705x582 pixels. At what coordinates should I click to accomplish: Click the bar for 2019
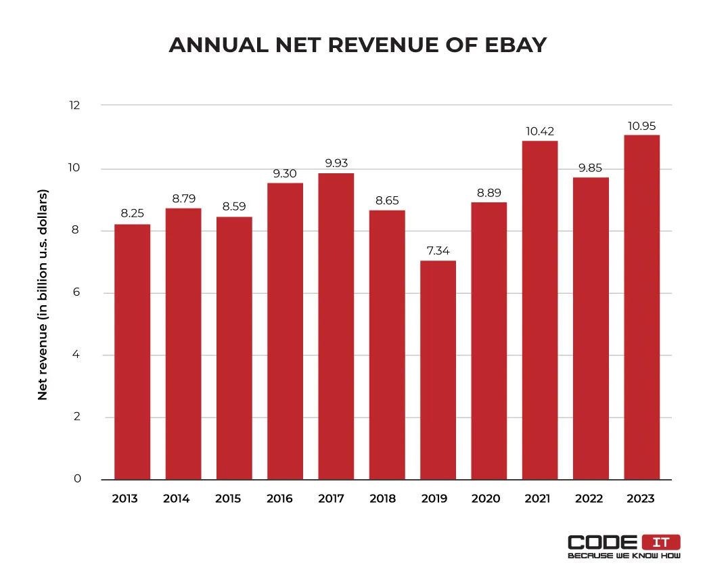point(438,370)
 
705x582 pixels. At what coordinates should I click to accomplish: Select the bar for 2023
point(641,307)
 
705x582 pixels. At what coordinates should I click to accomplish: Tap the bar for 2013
point(133,352)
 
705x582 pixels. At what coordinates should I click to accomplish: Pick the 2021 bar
point(540,310)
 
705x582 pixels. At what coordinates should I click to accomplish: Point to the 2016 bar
point(285,331)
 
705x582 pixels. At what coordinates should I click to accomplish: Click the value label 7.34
point(438,251)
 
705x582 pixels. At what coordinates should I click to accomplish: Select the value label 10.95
point(641,126)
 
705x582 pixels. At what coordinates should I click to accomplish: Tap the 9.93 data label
point(336,163)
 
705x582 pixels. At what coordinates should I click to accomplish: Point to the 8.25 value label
point(133,215)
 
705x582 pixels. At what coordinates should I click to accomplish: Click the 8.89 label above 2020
point(488,193)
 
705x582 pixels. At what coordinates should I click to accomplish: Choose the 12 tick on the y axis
point(74,106)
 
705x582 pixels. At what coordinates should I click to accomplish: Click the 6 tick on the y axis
point(76,293)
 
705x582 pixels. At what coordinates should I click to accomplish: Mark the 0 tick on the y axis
point(76,479)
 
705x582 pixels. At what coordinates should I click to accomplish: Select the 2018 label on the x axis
point(383,499)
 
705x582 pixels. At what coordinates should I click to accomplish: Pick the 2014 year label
point(177,499)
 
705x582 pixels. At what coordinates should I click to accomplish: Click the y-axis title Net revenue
point(43,294)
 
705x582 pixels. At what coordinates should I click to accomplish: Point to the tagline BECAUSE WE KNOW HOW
point(624,556)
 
